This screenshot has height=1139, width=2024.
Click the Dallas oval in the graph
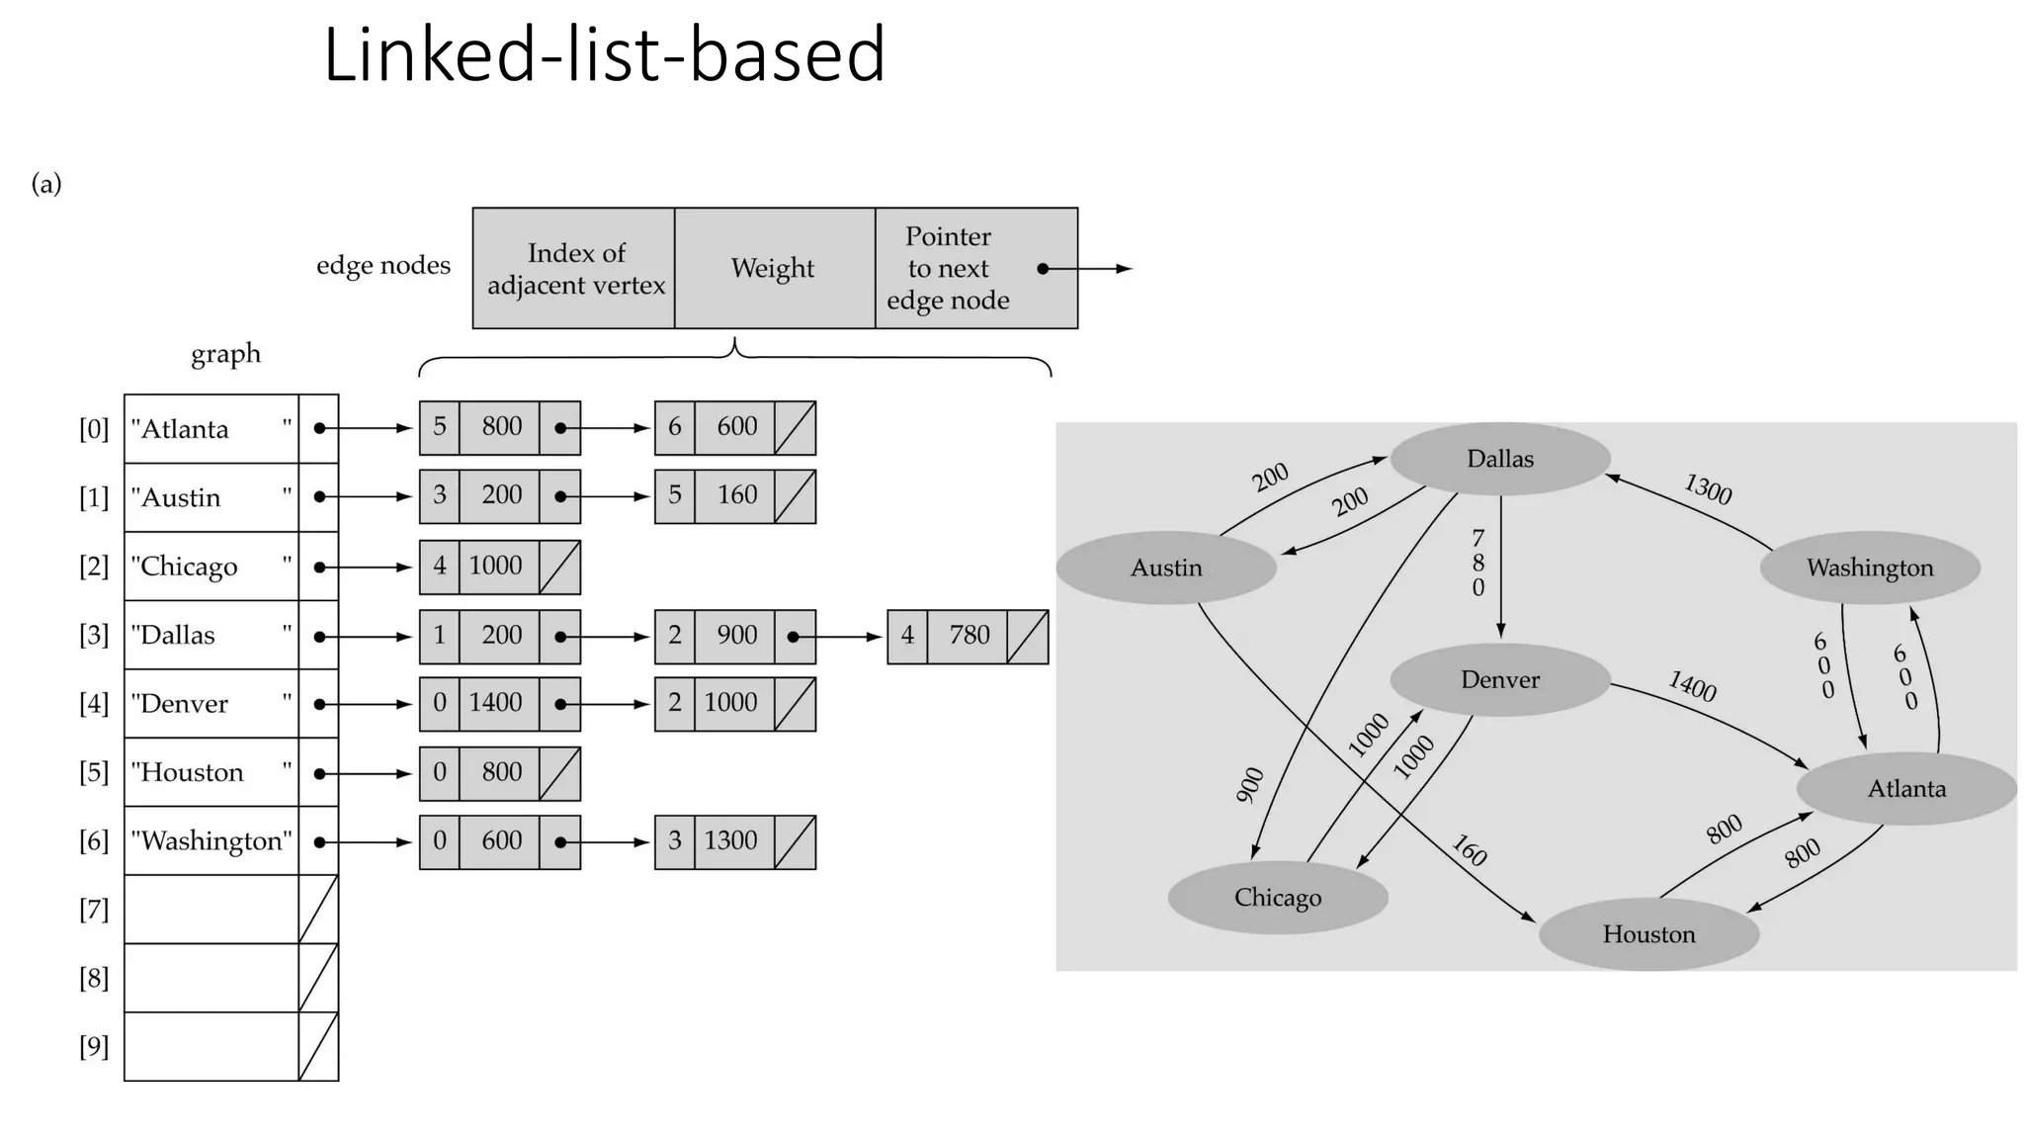point(1499,459)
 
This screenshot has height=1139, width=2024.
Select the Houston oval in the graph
point(1648,934)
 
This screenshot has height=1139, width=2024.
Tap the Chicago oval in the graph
point(1277,898)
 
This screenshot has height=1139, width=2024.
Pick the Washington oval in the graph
point(1869,568)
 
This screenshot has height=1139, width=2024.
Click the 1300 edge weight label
point(1707,489)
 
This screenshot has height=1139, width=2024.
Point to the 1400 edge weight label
point(1692,686)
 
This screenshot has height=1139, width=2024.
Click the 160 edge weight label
point(1469,850)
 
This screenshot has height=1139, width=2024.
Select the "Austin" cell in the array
point(211,497)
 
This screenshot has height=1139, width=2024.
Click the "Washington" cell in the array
point(211,841)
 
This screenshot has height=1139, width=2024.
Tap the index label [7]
point(94,910)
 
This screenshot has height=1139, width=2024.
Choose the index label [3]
point(94,635)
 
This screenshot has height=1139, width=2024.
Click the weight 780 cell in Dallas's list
point(969,636)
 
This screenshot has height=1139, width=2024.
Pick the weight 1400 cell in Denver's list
point(497,703)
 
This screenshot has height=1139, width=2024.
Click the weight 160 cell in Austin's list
point(735,495)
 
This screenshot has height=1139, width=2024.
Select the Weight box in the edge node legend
point(774,268)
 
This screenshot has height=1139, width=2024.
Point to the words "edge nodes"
point(382,265)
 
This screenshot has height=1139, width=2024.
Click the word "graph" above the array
point(225,354)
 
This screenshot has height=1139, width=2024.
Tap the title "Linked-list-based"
point(604,55)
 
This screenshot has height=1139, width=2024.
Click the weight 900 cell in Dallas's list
point(735,636)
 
